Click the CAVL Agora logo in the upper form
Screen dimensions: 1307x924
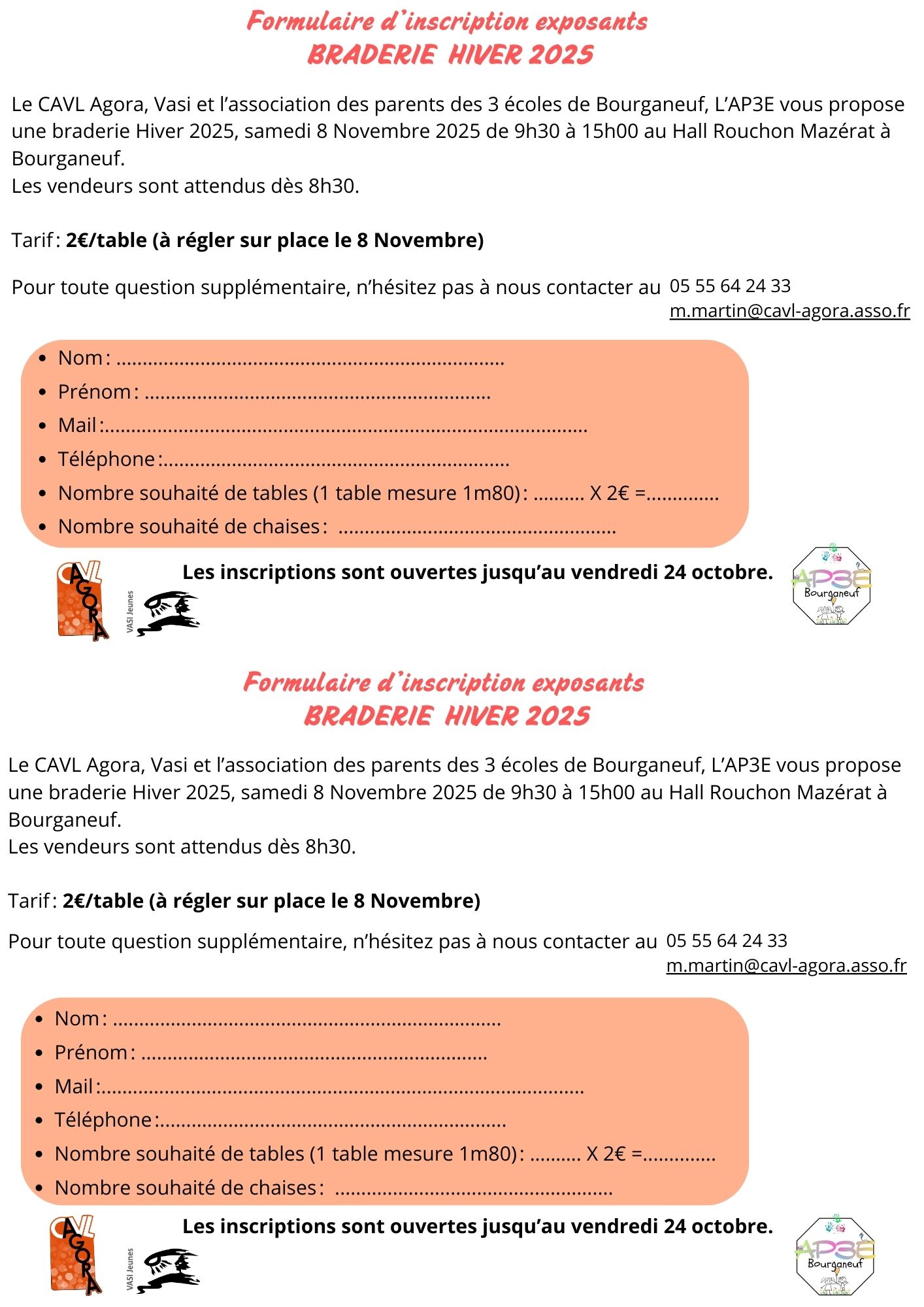[82, 600]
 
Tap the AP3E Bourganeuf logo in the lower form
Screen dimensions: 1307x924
[835, 1256]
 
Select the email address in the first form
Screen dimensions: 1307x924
[789, 311]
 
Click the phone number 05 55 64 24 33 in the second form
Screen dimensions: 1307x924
[727, 941]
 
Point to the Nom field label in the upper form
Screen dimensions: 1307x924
[80, 358]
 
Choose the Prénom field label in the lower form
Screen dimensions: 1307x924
[91, 1053]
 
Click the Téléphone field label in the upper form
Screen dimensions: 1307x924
[107, 459]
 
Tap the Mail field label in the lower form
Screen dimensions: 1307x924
[74, 1086]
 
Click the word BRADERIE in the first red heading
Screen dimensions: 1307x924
[371, 55]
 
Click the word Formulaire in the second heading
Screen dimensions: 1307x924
[306, 683]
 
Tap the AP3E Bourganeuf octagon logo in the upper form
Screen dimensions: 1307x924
[831, 586]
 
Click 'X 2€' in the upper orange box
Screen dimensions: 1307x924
[609, 493]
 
